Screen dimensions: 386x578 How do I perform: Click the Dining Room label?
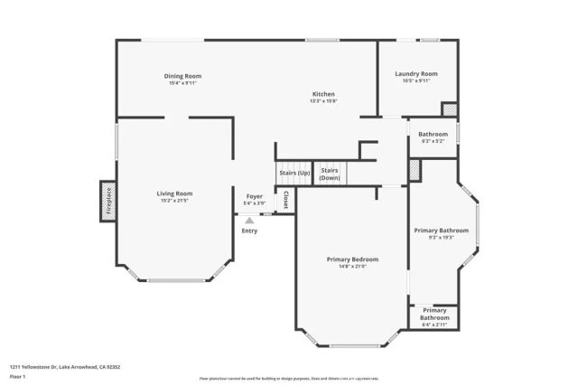pos(182,76)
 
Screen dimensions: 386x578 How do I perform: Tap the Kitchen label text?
pos(324,94)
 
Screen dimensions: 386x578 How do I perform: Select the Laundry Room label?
pos(416,73)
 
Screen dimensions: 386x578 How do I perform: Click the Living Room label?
pos(174,193)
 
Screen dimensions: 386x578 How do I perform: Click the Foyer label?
pos(256,196)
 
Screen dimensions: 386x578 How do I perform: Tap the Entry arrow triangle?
pos(249,219)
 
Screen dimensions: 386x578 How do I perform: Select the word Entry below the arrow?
pos(249,231)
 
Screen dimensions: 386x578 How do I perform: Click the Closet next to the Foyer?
pos(285,200)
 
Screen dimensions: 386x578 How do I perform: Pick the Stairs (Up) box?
pos(294,172)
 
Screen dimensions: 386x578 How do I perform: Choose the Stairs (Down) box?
pos(330,174)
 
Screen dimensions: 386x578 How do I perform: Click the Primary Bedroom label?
pos(352,259)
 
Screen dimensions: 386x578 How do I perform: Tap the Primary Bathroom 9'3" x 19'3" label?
pos(441,231)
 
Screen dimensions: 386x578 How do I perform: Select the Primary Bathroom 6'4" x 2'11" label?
pos(434,314)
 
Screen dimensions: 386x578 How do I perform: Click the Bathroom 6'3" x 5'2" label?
pos(433,134)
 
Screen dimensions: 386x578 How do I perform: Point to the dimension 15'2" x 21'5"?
pos(174,200)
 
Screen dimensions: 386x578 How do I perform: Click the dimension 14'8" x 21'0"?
pos(352,267)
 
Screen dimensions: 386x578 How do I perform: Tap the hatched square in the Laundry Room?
pos(449,109)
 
